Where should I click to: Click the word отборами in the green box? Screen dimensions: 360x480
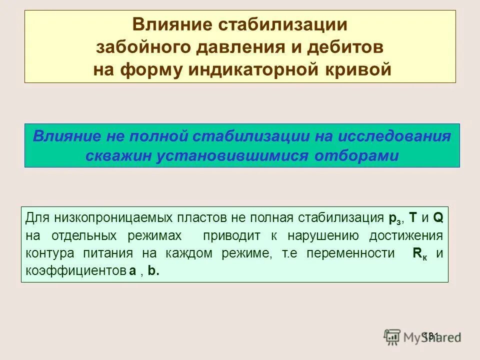[357, 156]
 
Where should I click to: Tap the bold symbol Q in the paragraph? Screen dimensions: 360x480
[437, 218]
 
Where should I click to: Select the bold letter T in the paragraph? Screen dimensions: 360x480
[413, 218]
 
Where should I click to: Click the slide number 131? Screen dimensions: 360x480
[430, 335]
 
